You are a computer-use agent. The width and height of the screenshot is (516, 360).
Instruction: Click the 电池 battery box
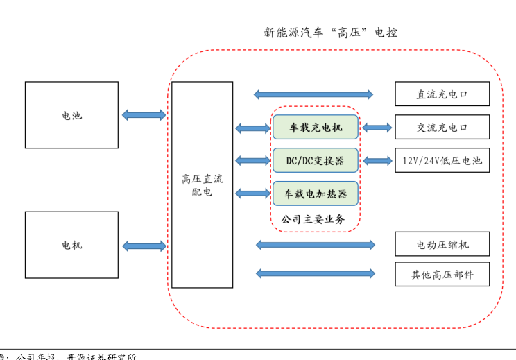tap(71, 115)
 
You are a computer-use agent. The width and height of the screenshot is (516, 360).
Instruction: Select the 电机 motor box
tap(71, 245)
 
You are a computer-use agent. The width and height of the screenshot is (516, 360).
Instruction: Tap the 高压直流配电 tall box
tap(202, 185)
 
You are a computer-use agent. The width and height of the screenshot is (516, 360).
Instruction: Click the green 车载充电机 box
tap(316, 128)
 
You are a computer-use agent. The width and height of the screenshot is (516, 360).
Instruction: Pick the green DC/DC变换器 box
tap(316, 160)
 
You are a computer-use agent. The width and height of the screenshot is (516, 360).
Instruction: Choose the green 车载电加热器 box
tap(316, 193)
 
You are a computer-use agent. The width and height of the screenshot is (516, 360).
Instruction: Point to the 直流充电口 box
tap(442, 94)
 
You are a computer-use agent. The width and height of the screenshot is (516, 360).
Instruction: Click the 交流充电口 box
tap(442, 127)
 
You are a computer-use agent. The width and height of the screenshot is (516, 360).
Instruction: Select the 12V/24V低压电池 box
tap(442, 161)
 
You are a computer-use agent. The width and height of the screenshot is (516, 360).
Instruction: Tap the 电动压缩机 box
tap(442, 244)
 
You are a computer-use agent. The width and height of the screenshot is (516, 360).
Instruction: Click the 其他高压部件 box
tap(442, 274)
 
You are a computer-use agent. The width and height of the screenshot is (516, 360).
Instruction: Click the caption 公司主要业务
tap(313, 219)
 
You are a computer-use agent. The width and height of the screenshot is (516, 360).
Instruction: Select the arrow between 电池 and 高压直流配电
tap(144, 115)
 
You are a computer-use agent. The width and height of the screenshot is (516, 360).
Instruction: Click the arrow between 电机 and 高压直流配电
tap(144, 246)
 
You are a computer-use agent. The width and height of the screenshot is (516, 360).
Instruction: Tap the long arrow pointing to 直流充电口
tap(313, 94)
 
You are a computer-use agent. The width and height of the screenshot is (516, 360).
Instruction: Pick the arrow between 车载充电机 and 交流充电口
tap(377, 128)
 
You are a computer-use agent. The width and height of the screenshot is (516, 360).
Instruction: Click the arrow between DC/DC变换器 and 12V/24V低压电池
tap(377, 161)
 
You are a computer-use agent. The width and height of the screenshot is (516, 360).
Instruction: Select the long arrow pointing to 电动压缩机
tap(316, 244)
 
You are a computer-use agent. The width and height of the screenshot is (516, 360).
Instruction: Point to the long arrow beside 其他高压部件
tap(316, 273)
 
